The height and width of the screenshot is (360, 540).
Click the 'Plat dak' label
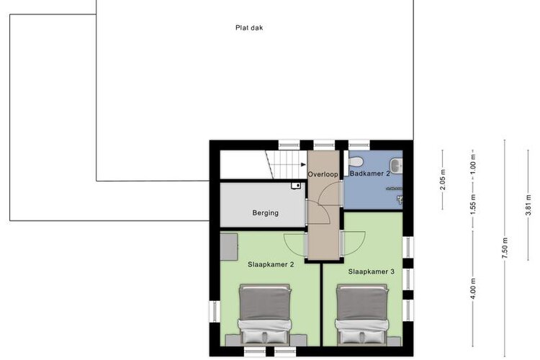click(249, 27)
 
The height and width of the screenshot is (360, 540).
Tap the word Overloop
click(323, 174)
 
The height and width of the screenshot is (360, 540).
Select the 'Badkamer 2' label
click(370, 174)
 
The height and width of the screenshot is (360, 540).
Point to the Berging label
click(265, 213)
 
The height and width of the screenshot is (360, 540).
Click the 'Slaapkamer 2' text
click(271, 264)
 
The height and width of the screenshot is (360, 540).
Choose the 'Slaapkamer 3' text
click(371, 271)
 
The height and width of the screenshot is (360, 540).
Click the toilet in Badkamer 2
click(355, 161)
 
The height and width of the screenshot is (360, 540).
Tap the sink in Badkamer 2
click(396, 165)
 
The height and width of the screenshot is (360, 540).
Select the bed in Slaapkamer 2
click(265, 314)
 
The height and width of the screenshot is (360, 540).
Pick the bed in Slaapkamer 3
click(362, 314)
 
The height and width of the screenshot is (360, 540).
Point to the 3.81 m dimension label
click(528, 205)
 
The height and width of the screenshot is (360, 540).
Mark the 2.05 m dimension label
click(443, 179)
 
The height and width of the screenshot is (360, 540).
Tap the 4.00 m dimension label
click(473, 289)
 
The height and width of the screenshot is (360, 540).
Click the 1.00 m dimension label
click(473, 163)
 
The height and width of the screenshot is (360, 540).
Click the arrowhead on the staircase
click(303, 165)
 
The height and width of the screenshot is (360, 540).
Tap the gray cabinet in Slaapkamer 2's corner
click(229, 247)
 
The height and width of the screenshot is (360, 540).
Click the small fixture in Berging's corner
click(296, 186)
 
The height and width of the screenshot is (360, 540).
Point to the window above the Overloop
click(324, 145)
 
